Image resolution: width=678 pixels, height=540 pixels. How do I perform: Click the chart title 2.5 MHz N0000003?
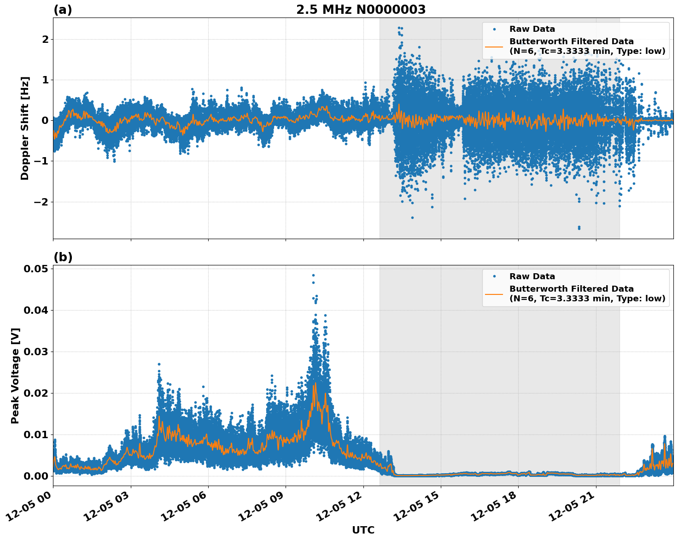coord(361,10)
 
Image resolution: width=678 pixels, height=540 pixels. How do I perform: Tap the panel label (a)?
coord(63,10)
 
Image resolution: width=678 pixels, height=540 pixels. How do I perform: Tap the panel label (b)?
coord(63,257)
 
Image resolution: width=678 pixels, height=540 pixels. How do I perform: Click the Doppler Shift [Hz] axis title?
coord(25,128)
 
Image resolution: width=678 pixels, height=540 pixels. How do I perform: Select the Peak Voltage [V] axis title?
coord(15,376)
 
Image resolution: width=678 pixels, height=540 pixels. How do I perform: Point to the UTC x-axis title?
coord(363,530)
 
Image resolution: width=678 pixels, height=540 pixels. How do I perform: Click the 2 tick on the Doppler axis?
coord(45,40)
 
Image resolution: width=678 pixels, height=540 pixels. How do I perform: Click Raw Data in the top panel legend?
coord(532,29)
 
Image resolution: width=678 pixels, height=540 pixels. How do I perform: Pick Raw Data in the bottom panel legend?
coord(532,276)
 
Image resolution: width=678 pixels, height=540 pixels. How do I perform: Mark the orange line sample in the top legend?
coord(494,46)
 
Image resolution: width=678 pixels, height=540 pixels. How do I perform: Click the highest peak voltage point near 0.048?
coord(313,276)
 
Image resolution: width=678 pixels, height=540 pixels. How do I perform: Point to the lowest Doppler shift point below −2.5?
coord(579,228)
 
